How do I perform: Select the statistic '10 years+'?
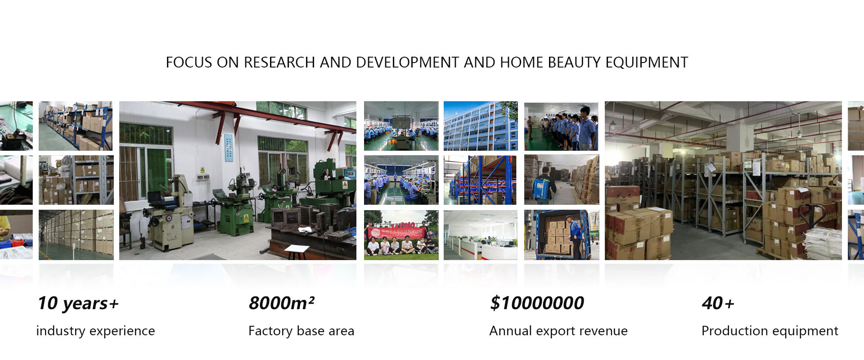(78, 303)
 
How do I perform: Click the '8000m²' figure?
(282, 303)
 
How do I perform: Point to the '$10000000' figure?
(537, 303)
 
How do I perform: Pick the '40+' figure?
(718, 303)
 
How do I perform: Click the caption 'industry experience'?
(95, 331)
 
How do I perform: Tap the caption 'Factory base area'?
(301, 331)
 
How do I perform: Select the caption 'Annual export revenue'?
(558, 331)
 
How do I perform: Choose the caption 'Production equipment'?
(770, 331)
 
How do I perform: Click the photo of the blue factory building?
(481, 126)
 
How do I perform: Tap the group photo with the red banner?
(401, 235)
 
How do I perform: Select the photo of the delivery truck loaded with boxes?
(562, 235)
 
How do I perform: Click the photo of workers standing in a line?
(562, 126)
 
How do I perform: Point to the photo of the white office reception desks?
(481, 235)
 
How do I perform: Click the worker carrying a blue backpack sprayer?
(545, 186)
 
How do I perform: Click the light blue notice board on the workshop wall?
(229, 147)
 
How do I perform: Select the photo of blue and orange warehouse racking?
(481, 180)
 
